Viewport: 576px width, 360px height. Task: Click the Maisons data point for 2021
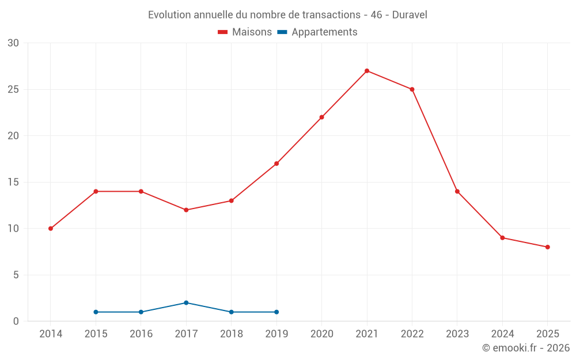click(x=367, y=71)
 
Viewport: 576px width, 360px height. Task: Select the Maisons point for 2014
click(x=51, y=229)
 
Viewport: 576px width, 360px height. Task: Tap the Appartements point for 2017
click(x=186, y=303)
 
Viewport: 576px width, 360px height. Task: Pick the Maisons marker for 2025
click(x=548, y=247)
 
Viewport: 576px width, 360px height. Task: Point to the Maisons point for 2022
click(x=412, y=89)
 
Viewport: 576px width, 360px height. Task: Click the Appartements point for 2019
click(x=276, y=312)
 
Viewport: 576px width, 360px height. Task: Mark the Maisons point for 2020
click(x=321, y=117)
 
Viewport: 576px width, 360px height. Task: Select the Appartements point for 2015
click(x=96, y=312)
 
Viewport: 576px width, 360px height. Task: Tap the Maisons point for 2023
click(x=457, y=191)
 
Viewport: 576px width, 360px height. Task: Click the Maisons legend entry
click(x=245, y=32)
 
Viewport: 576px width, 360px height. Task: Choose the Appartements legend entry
click(x=317, y=32)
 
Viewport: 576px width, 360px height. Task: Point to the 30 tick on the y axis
click(x=13, y=43)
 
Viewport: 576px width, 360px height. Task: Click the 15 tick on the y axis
click(x=13, y=182)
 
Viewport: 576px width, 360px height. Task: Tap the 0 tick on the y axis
click(x=16, y=321)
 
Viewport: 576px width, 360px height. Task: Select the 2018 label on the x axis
click(x=231, y=334)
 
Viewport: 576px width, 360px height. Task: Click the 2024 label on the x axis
click(x=502, y=334)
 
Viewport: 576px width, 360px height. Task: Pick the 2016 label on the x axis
click(x=141, y=334)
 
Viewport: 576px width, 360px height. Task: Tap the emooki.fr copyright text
click(x=526, y=348)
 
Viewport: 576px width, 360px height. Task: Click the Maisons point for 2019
click(x=276, y=164)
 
